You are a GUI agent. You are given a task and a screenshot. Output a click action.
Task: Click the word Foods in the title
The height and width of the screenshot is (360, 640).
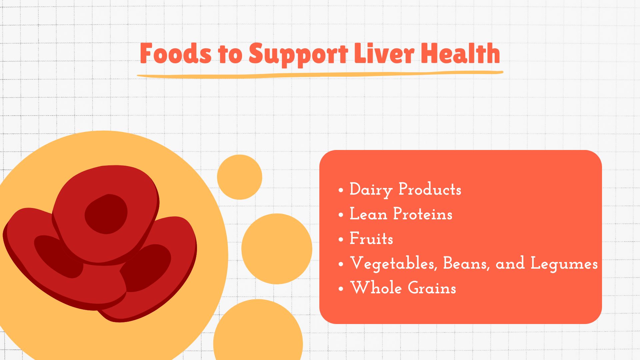click(x=176, y=53)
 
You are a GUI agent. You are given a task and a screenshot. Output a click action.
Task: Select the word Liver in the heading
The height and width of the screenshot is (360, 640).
click(x=384, y=53)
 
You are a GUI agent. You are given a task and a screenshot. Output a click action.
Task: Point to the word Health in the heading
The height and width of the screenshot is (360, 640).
click(x=460, y=53)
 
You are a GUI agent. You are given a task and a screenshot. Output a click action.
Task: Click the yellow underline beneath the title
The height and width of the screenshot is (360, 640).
click(x=320, y=74)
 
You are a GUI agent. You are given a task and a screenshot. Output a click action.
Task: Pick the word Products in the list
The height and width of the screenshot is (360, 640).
click(x=430, y=189)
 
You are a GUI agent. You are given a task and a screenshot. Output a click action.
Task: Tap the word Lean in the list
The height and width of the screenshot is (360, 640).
click(x=368, y=214)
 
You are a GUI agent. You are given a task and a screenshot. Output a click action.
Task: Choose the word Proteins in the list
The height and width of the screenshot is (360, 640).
click(x=423, y=214)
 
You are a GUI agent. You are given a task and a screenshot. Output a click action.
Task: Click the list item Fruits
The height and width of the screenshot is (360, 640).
click(x=371, y=238)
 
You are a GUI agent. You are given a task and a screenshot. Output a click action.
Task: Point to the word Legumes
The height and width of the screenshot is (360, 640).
click(x=564, y=264)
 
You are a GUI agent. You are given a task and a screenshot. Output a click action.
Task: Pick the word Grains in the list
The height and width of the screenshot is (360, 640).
click(x=432, y=288)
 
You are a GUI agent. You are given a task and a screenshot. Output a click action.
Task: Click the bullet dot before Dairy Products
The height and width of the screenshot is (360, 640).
click(x=341, y=190)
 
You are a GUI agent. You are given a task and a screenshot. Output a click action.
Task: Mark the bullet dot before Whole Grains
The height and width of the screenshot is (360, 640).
click(x=341, y=289)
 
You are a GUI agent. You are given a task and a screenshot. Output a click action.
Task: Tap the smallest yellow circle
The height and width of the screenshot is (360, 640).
click(x=239, y=177)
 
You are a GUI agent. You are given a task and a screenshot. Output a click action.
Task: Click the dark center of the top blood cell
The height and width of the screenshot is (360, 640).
click(x=106, y=214)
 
